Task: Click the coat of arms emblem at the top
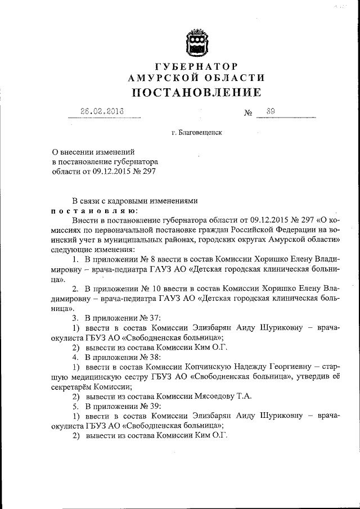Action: point(197,43)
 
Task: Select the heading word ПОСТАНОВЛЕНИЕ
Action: point(196,92)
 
